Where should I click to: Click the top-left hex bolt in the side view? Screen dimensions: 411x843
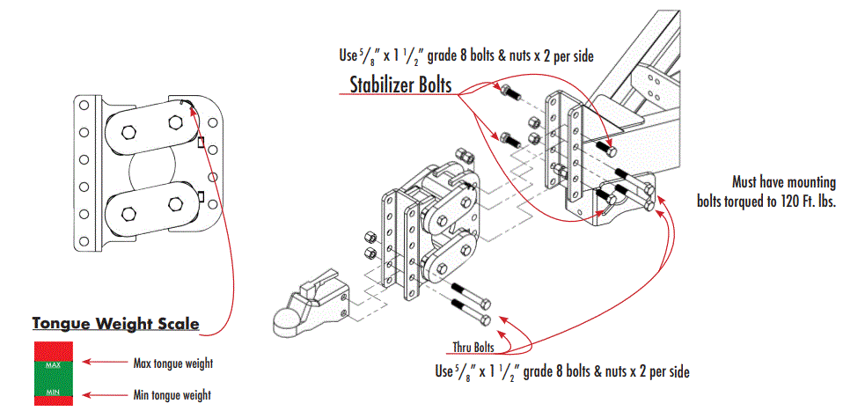(x=127, y=132)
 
